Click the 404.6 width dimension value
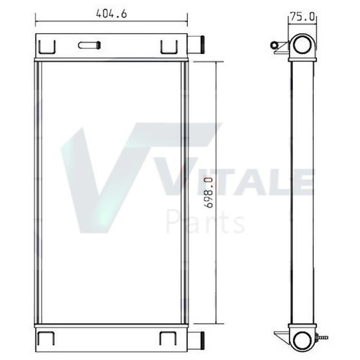coord(112,14)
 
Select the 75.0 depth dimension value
coord(302,17)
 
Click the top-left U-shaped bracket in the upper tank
coord(48,47)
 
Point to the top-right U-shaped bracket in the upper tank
coord(169,47)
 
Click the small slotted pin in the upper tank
coord(89,45)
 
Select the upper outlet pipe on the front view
coord(196,45)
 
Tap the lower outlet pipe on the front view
coord(196,341)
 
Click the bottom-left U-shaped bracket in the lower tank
coord(46,338)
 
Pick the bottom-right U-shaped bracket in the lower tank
coord(168,338)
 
